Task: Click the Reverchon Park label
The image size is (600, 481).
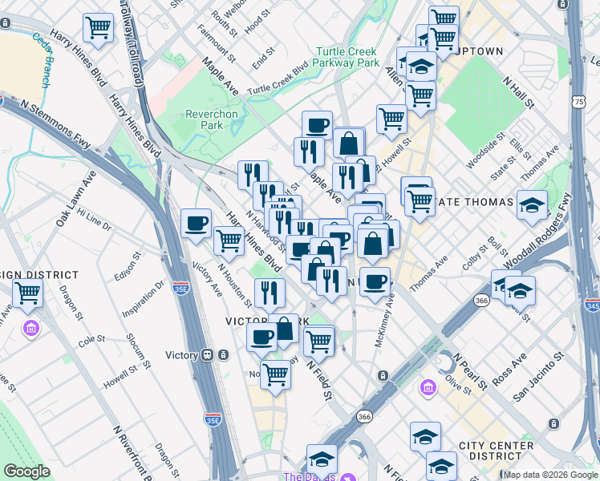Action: [212, 119]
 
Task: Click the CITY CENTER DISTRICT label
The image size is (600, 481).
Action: [496, 451]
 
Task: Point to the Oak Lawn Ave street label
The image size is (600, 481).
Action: [71, 207]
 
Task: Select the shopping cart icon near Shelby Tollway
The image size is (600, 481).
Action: [98, 28]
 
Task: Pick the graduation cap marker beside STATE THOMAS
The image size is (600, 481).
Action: [532, 205]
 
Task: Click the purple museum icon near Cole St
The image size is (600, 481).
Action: [31, 328]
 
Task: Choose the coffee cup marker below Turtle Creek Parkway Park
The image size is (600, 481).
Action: [317, 125]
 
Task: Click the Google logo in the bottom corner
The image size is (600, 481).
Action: [26, 471]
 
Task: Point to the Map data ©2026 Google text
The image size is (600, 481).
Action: [550, 475]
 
